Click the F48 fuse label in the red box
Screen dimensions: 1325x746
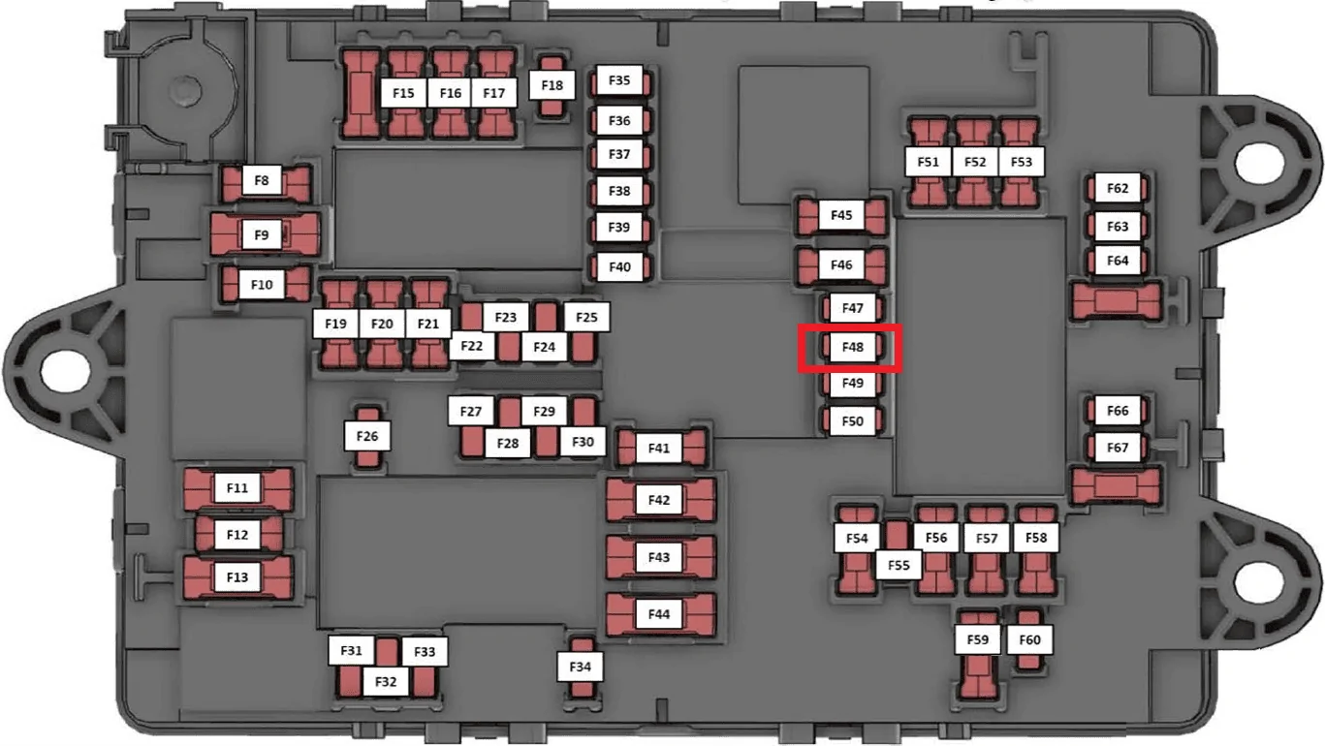852,347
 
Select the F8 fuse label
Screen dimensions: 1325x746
262,180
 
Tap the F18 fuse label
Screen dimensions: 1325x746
552,85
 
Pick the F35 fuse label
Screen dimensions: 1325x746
619,79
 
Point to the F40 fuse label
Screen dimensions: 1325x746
619,266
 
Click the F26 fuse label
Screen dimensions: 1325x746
366,436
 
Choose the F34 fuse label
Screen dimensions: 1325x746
580,667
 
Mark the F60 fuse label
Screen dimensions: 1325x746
1029,639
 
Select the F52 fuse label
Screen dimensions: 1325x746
975,162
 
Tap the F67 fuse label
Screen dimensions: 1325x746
1118,448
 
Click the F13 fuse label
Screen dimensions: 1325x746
237,576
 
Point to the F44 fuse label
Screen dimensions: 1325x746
658,614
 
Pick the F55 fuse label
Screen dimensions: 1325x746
899,565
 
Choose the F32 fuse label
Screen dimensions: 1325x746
386,681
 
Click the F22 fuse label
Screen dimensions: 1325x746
471,345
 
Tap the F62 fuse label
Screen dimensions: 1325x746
1118,188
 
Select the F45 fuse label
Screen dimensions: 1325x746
841,214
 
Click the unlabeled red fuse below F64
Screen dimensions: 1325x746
1117,301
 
